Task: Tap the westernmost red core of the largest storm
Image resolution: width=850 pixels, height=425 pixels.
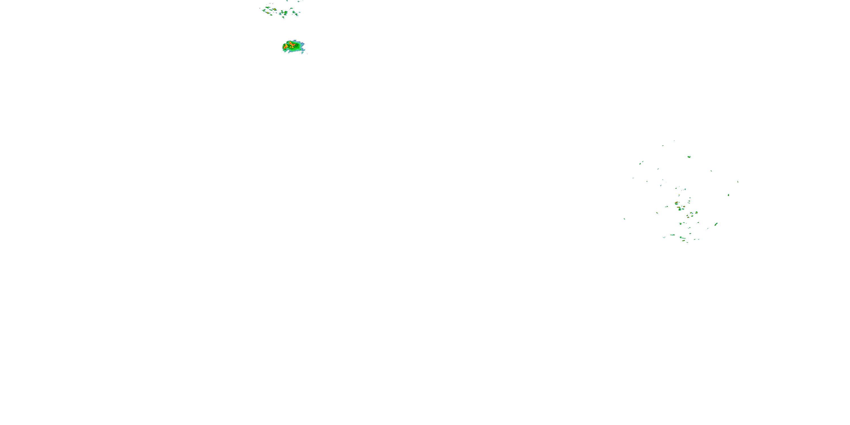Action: tap(285, 47)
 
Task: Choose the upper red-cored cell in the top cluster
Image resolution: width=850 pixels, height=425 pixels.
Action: tap(275, 10)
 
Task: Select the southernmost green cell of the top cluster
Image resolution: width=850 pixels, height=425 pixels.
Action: tap(283, 18)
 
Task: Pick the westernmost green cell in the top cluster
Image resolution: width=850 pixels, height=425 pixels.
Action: tap(264, 10)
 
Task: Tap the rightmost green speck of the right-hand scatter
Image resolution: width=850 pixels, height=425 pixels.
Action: tap(738, 182)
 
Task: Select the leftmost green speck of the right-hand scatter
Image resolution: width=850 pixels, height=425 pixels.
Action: tap(624, 219)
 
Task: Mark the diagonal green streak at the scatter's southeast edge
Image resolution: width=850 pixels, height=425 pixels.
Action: tap(716, 224)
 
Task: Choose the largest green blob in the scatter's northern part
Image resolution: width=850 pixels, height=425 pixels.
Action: tap(689, 157)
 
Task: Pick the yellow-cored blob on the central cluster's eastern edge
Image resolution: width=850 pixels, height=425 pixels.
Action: tap(696, 212)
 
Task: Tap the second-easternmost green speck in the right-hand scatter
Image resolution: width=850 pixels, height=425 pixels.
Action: tap(728, 195)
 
